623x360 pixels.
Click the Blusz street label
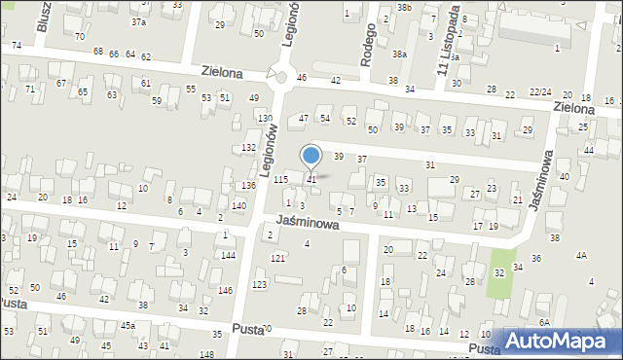(x=43, y=17)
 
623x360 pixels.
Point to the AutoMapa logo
(x=559, y=342)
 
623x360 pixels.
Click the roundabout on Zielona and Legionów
(x=282, y=76)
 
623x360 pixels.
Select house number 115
(x=280, y=180)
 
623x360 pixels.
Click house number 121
(x=277, y=258)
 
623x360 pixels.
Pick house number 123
(x=259, y=284)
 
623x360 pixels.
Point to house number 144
(x=228, y=255)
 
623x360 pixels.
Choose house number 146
(x=225, y=291)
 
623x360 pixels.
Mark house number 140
(x=239, y=206)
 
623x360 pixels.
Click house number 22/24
(x=540, y=91)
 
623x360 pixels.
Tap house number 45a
(x=128, y=325)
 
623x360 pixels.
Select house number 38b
(x=404, y=8)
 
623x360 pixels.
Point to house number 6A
(x=545, y=322)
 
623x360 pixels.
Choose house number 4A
(x=581, y=255)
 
